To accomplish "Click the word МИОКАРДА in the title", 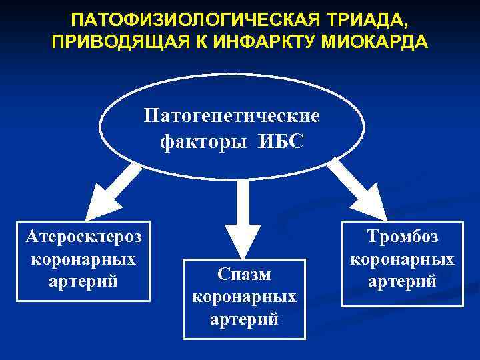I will pyautogui.click(x=377, y=43).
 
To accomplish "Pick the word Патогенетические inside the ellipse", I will pyautogui.click(x=232, y=116).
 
